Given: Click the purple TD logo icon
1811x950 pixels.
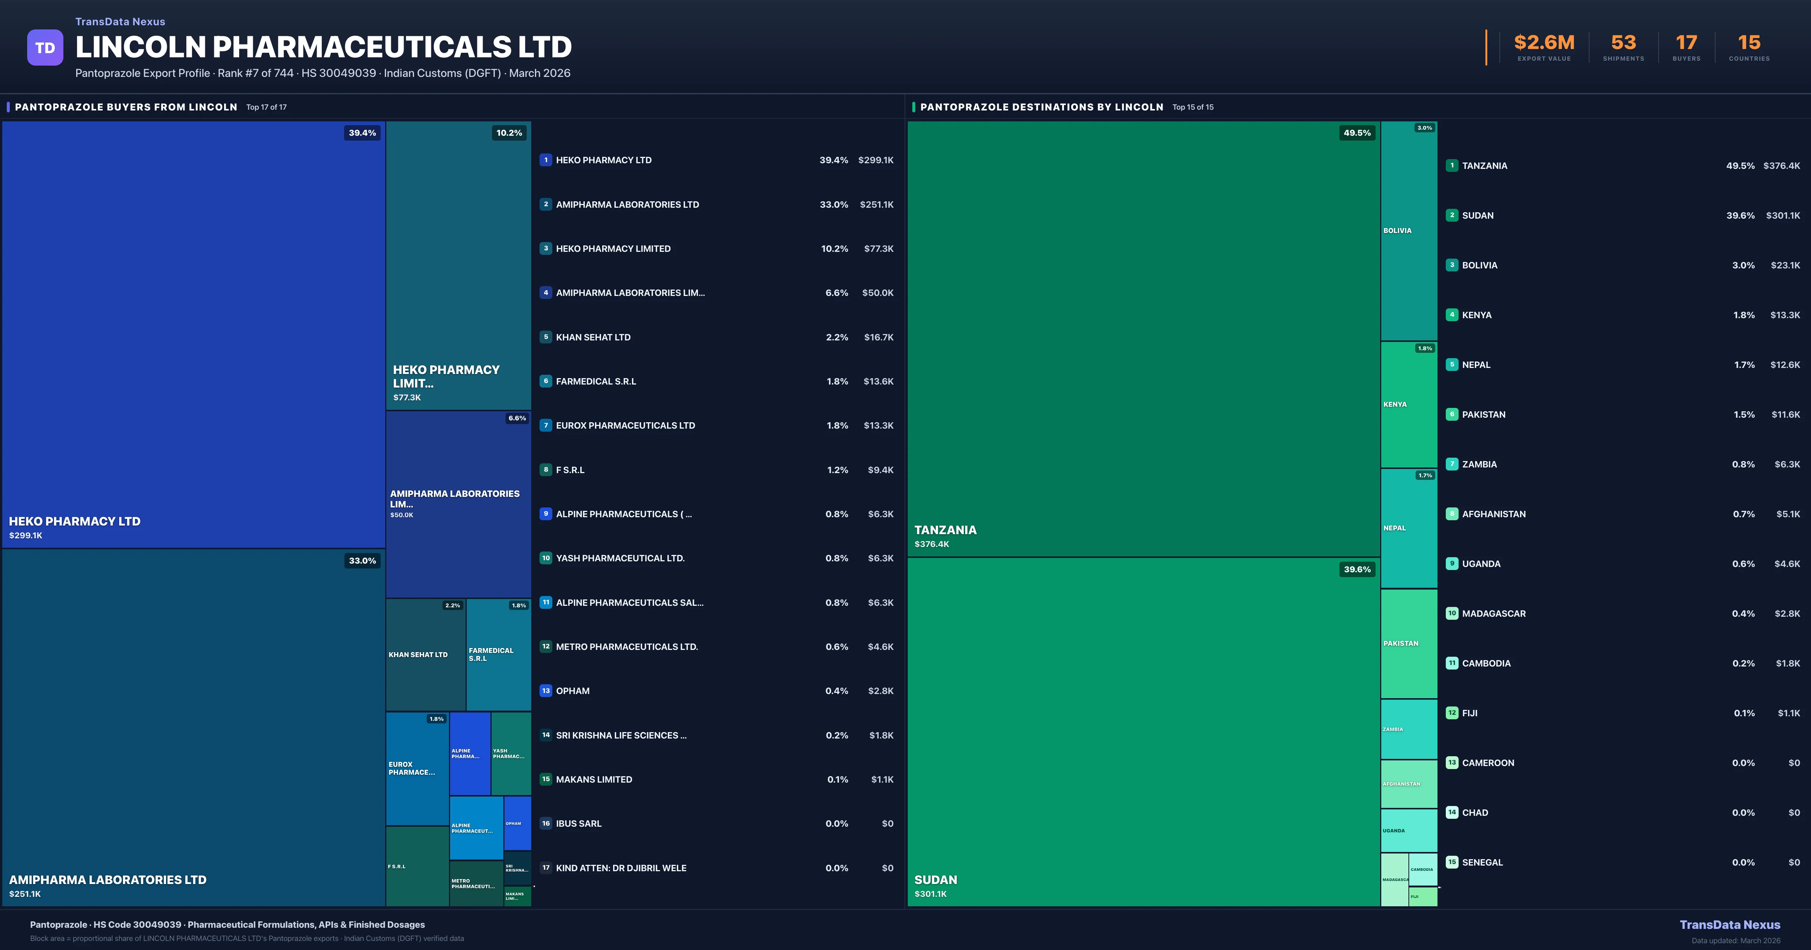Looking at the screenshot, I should point(45,48).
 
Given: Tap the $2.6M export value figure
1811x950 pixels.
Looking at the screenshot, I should point(1544,43).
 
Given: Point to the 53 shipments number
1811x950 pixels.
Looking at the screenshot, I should point(1623,43).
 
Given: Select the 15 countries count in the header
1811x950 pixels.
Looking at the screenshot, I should point(1749,43).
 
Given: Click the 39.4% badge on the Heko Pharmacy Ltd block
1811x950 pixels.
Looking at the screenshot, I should point(362,133).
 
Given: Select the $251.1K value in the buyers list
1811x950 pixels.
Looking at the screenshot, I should point(876,204).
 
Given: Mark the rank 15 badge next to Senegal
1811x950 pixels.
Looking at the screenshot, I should point(1452,862).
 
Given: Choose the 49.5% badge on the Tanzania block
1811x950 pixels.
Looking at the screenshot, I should point(1357,133).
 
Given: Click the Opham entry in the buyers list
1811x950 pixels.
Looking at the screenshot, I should point(572,691).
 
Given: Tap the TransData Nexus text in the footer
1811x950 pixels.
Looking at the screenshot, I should point(1730,925).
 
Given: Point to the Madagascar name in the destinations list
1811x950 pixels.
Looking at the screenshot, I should point(1493,613).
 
